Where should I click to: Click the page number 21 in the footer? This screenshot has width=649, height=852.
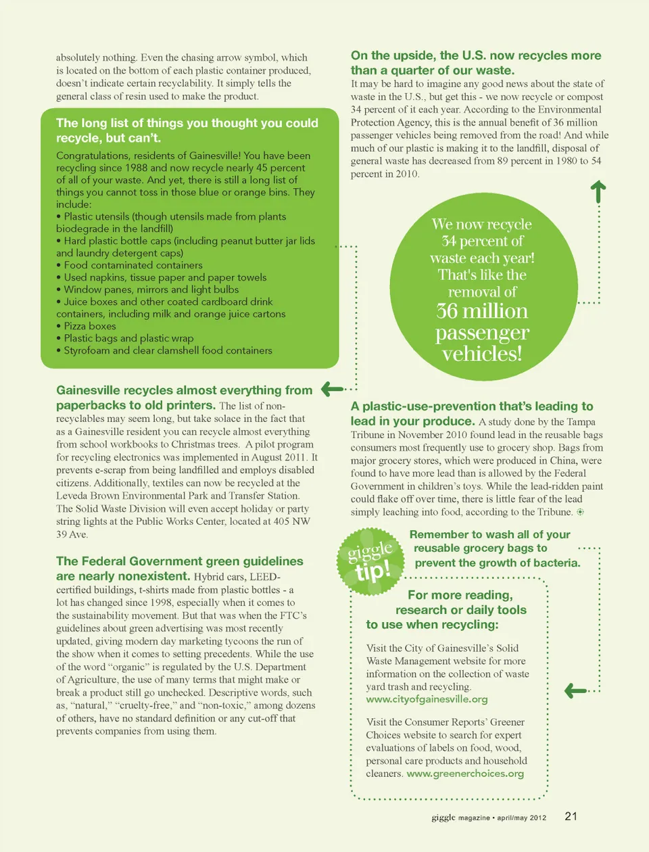point(571,816)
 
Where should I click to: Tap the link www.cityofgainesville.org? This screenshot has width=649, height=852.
point(427,699)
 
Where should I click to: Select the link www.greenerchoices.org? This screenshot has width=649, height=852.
point(465,774)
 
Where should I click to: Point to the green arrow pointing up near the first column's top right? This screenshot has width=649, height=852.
point(598,191)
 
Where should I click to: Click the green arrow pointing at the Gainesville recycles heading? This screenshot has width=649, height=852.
point(332,389)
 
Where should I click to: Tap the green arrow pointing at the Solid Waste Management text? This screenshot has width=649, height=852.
point(575,690)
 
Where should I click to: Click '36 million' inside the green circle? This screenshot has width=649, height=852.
point(482,311)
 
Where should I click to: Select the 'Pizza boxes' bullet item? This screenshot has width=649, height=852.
point(90,326)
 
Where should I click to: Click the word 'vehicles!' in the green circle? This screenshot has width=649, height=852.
point(482,354)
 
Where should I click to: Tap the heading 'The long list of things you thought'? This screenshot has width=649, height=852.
point(187,123)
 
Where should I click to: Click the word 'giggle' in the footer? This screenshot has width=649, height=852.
point(443,818)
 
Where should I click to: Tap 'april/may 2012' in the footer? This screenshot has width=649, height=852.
point(521,818)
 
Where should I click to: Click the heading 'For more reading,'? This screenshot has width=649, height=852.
point(460,595)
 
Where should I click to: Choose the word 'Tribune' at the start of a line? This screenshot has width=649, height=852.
point(368,435)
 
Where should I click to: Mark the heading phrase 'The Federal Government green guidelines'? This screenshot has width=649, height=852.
point(180,561)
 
